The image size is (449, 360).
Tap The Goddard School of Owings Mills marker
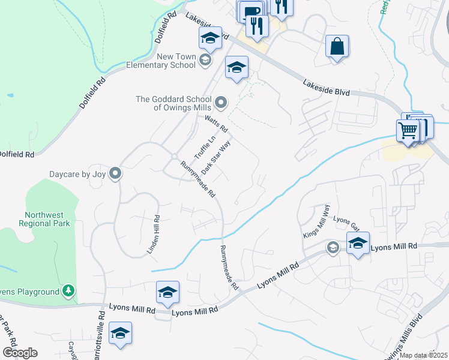[x=221, y=103]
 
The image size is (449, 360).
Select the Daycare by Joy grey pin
[x=116, y=174]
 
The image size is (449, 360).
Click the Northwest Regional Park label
[x=47, y=219]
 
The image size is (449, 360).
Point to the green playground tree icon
[x=70, y=292]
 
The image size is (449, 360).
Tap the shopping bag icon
[x=337, y=46]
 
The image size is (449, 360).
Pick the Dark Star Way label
[x=216, y=158]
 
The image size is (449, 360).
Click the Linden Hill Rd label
[x=153, y=235]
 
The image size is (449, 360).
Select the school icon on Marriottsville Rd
[x=121, y=333]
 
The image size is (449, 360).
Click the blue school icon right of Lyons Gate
[x=358, y=243]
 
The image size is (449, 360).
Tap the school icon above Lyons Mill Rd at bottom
[x=167, y=292]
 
